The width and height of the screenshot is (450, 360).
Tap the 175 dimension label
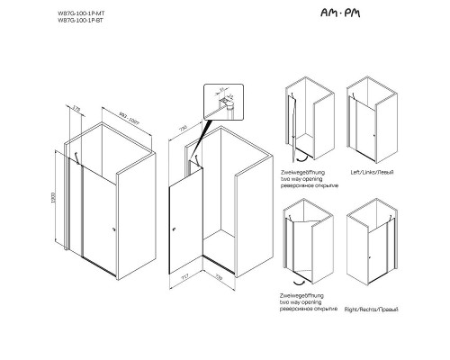click(x=76, y=108)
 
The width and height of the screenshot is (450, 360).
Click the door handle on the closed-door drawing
click(x=113, y=229)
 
